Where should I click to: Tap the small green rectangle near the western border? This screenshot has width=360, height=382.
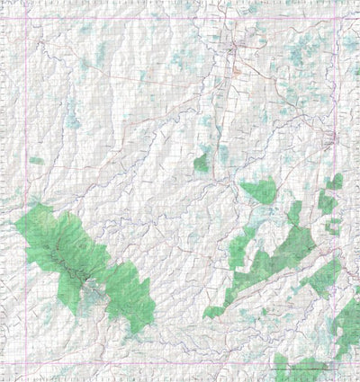pos(36,161)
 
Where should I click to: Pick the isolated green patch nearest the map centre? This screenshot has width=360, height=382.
pos(202,163)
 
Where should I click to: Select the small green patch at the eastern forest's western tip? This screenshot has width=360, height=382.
pos(213,312)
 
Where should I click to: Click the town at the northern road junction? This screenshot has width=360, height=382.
pos(235,45)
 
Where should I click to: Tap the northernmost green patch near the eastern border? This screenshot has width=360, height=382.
pos(335,182)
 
